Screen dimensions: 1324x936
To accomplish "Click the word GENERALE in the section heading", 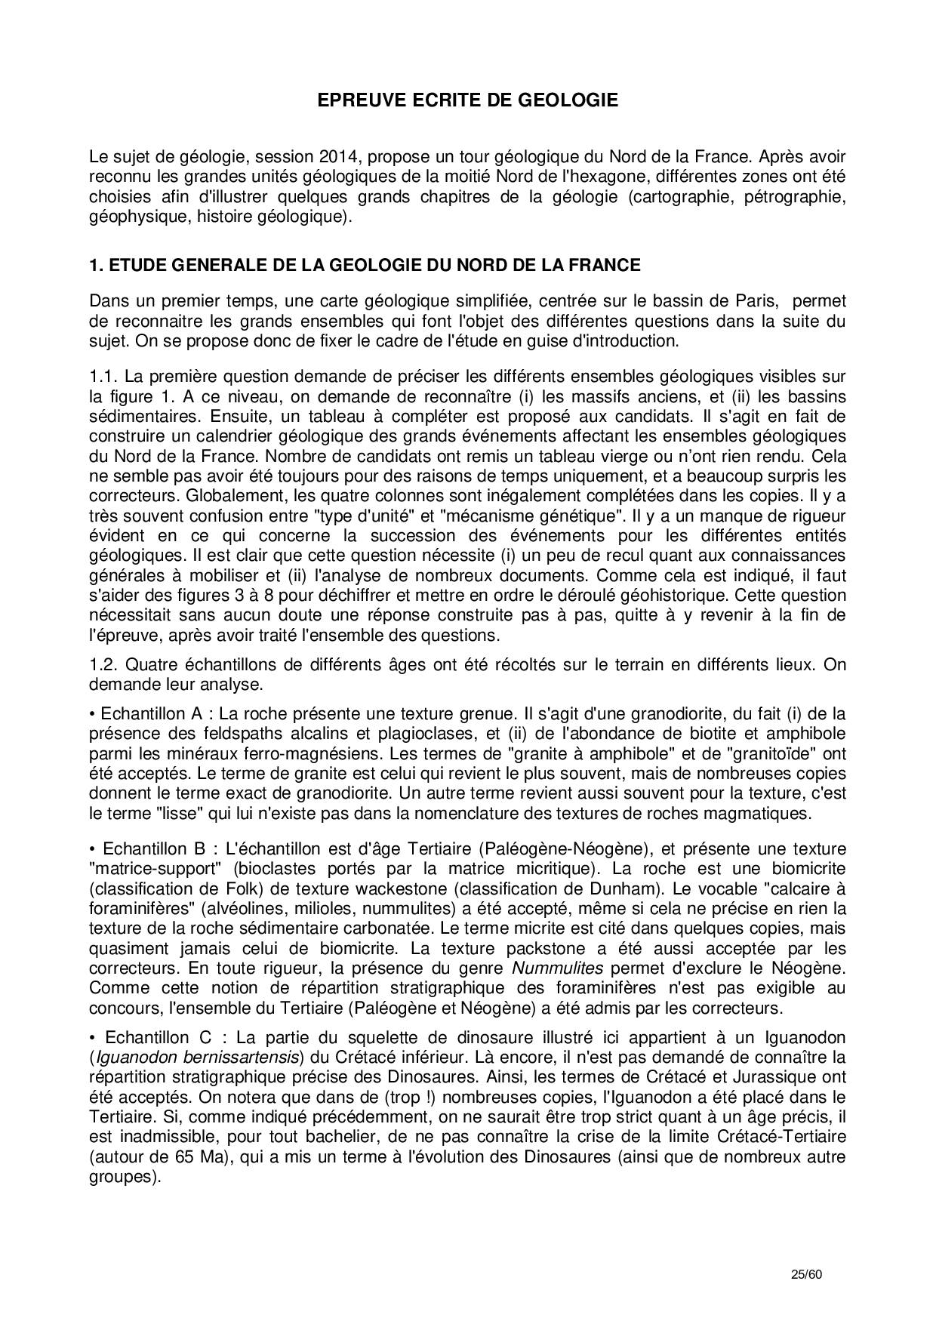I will tap(224, 266).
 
